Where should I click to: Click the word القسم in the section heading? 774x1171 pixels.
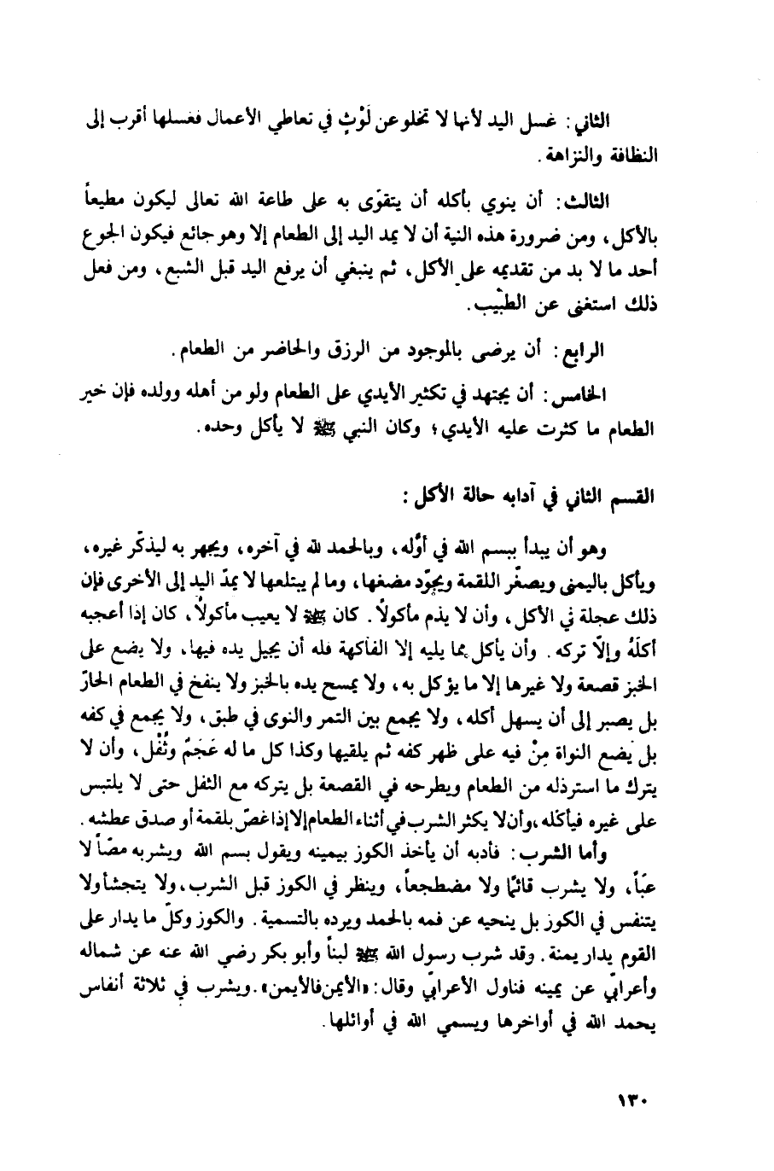[669, 496]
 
